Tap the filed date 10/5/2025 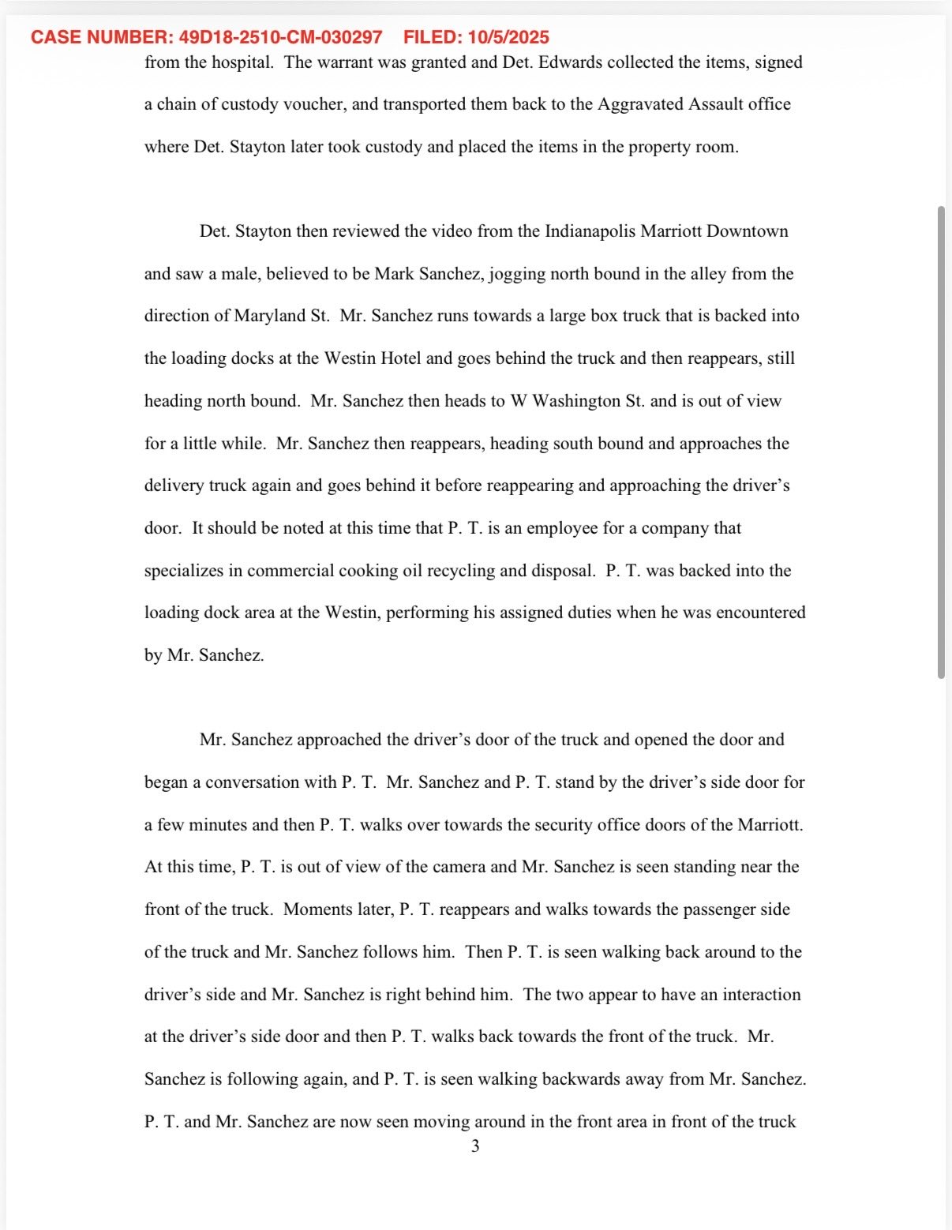(x=508, y=37)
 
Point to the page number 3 (x=475, y=1146)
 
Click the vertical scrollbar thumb (x=941, y=442)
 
